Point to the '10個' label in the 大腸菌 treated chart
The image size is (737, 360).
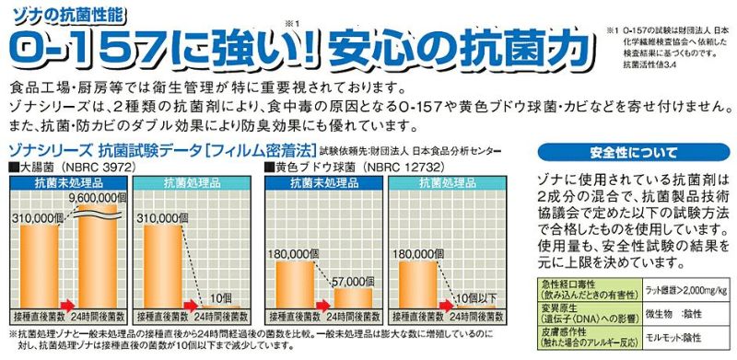point(219,298)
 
